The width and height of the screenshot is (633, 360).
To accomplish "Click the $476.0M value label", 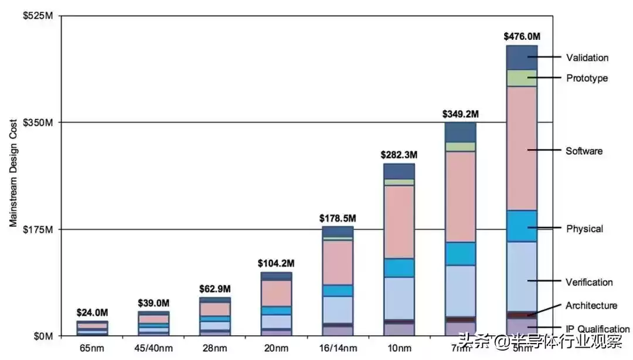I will click(x=522, y=36).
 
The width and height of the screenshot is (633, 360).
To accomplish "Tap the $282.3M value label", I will click(x=399, y=155).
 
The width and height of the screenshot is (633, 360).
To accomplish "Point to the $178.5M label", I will click(x=338, y=218).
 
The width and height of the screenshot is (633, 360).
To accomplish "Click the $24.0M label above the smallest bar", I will click(x=93, y=313).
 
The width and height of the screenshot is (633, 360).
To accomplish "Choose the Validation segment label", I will click(x=587, y=57).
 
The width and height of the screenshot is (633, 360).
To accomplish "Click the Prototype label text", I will click(x=587, y=78).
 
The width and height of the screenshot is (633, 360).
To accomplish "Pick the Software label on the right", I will click(x=584, y=151).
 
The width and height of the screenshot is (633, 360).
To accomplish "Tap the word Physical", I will click(x=584, y=228).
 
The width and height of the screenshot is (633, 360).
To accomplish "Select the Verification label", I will click(x=589, y=282).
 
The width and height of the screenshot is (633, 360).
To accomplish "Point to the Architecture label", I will click(x=591, y=305).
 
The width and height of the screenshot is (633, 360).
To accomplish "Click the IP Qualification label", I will click(x=597, y=329).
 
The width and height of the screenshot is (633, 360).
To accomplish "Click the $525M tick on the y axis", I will click(x=38, y=16).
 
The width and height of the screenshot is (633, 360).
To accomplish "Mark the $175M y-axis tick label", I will click(x=38, y=229).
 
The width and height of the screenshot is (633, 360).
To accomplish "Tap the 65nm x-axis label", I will click(x=93, y=348).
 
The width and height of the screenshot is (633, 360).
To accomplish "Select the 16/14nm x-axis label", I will click(x=338, y=348).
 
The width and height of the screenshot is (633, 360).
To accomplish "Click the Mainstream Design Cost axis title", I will click(x=13, y=172).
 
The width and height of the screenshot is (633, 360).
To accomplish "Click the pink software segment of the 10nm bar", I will click(x=399, y=222).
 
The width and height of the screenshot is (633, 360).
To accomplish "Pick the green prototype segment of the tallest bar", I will click(x=522, y=78).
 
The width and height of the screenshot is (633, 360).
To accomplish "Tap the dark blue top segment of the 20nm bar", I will click(x=277, y=276).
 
